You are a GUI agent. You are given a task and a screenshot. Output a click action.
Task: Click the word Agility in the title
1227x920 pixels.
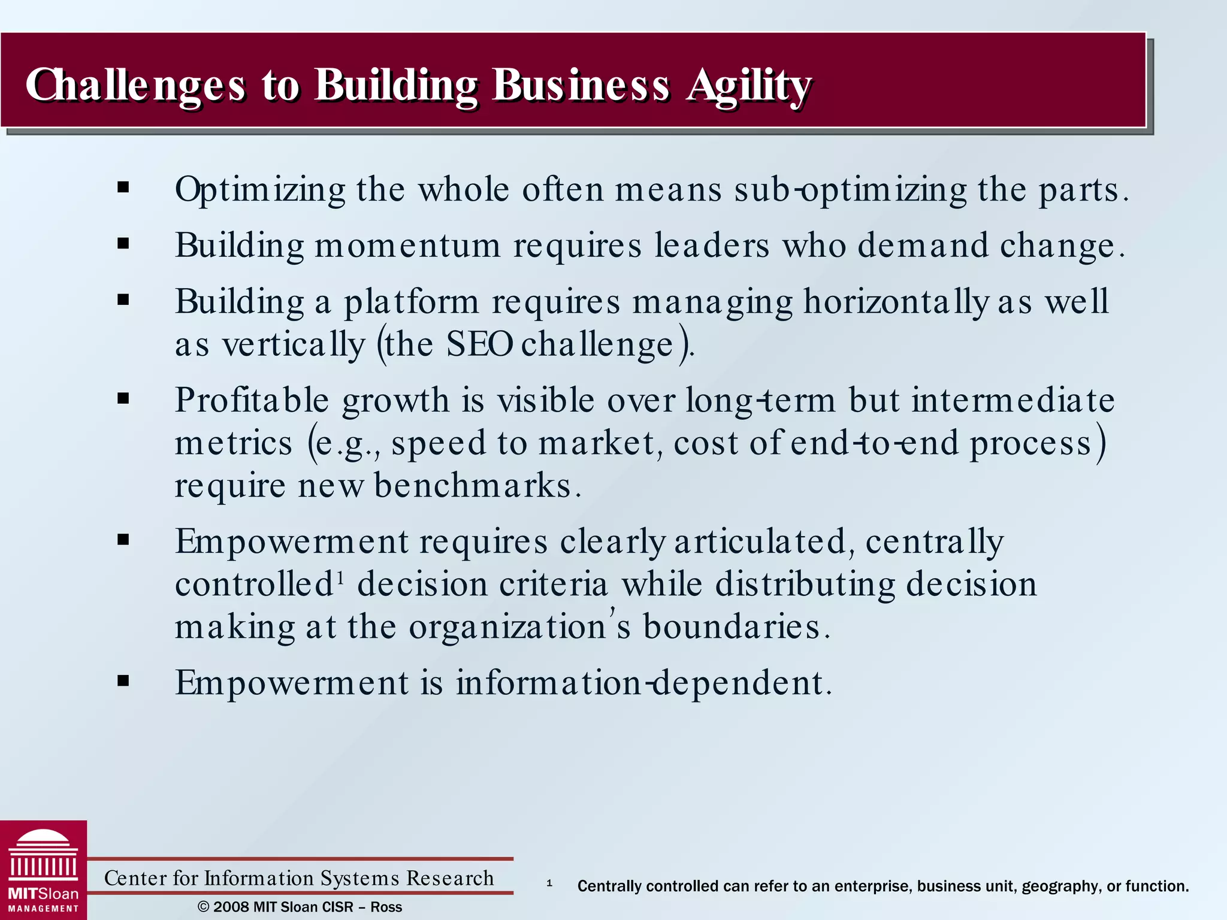click(x=749, y=86)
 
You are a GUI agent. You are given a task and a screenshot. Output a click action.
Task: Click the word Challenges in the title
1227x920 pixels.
click(x=135, y=86)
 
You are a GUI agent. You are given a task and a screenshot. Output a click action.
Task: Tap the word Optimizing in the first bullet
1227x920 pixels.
click(x=260, y=190)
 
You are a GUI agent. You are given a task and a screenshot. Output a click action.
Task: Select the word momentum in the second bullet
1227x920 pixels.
click(x=407, y=246)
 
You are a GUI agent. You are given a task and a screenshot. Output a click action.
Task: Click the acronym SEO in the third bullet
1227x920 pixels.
click(x=479, y=345)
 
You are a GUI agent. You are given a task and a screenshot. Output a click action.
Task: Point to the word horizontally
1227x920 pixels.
click(x=895, y=302)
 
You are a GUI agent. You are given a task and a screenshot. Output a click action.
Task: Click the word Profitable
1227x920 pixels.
click(x=252, y=400)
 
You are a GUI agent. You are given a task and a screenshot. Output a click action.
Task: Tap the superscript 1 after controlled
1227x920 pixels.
click(x=340, y=577)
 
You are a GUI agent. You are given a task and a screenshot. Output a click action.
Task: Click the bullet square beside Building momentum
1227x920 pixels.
click(x=123, y=244)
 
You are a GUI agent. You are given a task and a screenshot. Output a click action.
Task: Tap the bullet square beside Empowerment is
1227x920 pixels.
click(x=123, y=681)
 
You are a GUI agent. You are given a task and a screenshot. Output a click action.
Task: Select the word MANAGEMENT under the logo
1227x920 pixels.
click(x=43, y=909)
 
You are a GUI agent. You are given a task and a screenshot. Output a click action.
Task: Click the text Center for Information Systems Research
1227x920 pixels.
click(x=299, y=878)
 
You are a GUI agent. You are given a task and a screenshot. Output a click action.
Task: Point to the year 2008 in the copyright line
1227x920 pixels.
click(x=231, y=907)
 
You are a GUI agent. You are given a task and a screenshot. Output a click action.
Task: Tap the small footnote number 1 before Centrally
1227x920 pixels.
click(x=549, y=883)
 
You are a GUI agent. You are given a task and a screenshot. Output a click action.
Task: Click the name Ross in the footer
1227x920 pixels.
click(x=386, y=907)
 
